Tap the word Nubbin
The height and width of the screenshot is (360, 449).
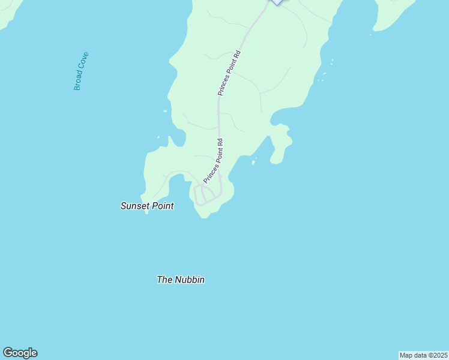(190, 280)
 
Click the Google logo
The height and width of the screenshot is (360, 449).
(20, 353)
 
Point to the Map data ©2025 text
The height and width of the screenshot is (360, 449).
(424, 355)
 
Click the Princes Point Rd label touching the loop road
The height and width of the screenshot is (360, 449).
(214, 161)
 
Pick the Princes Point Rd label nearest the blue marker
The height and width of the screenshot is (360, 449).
(229, 73)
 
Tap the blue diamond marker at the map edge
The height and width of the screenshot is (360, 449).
(276, 2)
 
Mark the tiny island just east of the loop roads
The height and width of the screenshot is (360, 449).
(254, 161)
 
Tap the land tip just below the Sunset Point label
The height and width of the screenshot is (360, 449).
(146, 211)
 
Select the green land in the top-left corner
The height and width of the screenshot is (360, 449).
(8, 12)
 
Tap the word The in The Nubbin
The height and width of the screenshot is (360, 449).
(164, 280)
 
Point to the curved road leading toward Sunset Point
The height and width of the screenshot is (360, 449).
(174, 175)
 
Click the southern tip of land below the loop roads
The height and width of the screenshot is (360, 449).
(204, 215)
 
